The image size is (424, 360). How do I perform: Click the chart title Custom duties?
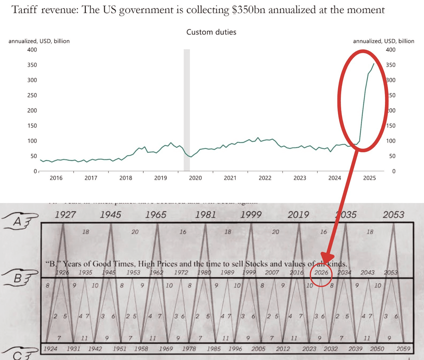click(211, 32)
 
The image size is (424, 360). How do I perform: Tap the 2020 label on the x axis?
click(195, 178)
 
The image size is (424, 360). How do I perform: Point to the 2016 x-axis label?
click(56, 178)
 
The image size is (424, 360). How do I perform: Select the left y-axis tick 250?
click(32, 95)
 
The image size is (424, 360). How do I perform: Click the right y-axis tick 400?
click(390, 50)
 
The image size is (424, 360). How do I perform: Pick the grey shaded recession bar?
click(187, 109)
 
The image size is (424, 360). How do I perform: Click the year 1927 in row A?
click(65, 215)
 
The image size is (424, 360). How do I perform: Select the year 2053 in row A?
click(393, 215)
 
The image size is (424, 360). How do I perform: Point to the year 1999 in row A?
click(251, 215)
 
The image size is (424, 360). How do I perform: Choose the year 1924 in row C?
click(50, 349)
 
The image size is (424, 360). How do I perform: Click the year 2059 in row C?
click(403, 349)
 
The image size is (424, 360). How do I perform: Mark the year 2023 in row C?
click(309, 349)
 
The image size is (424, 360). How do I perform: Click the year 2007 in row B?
click(272, 273)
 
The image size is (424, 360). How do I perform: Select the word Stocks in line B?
click(256, 264)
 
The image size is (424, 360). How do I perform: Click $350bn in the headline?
click(249, 10)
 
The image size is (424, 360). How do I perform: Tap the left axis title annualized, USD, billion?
click(39, 41)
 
